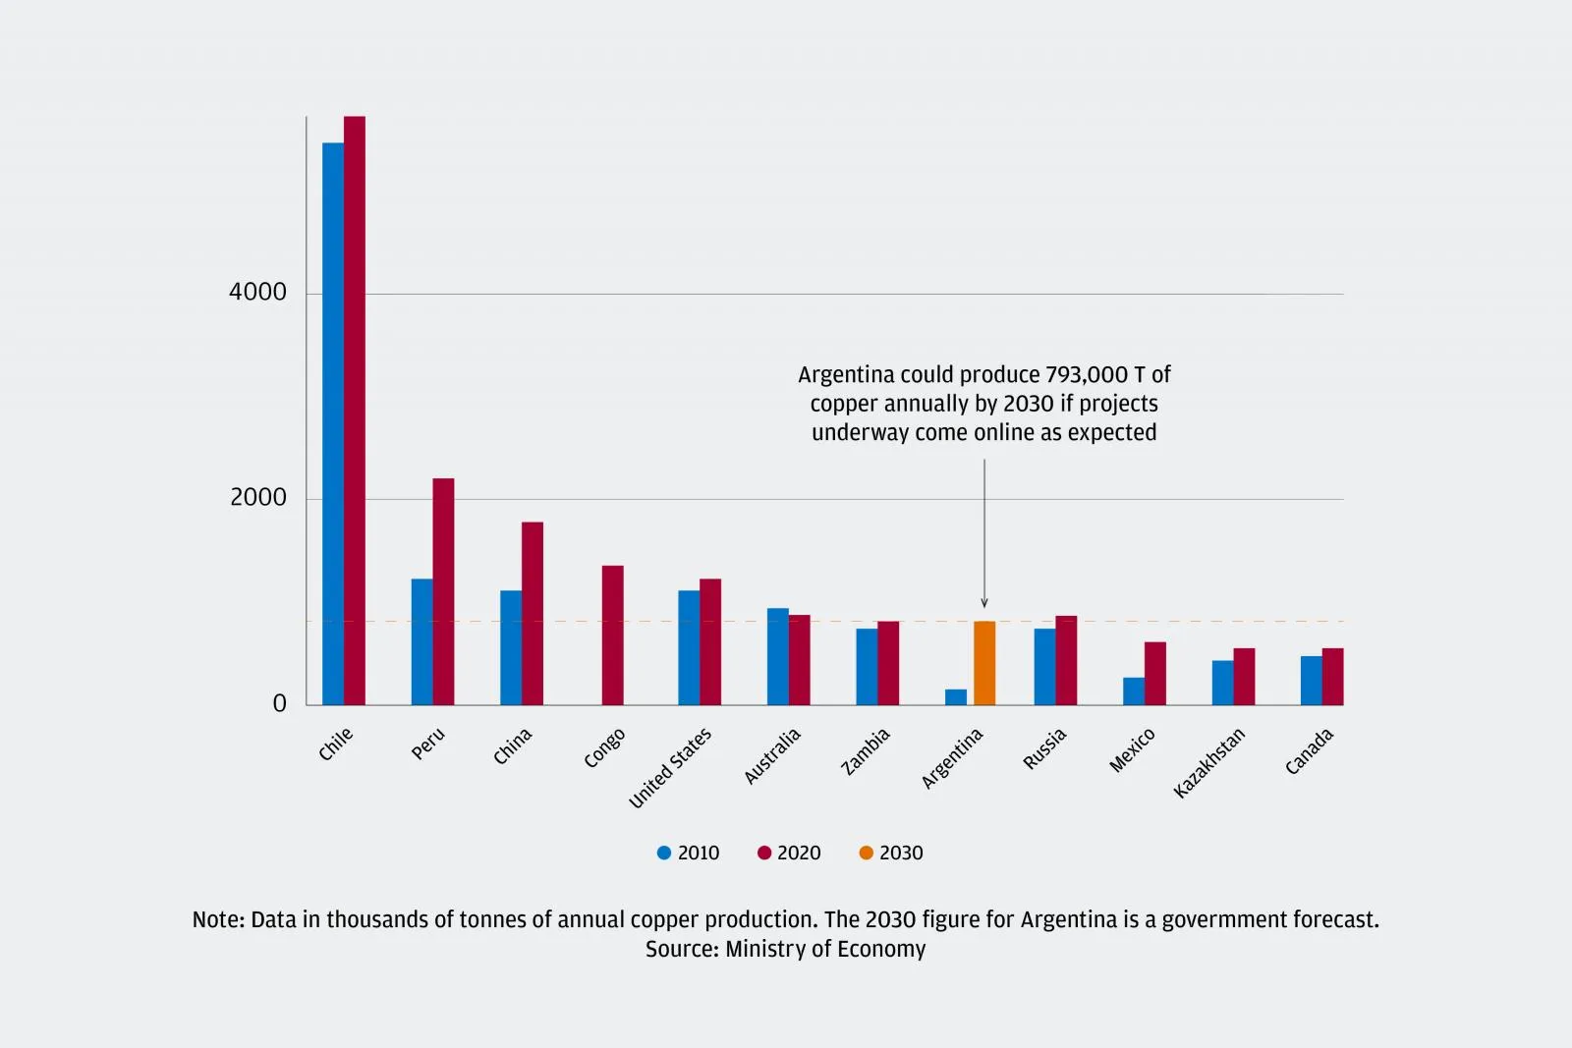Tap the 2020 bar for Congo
click(612, 635)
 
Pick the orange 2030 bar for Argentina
click(984, 663)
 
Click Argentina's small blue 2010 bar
click(956, 697)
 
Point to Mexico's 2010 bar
click(1134, 691)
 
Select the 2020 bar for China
click(533, 614)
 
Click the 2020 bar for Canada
click(1332, 677)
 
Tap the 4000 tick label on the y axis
click(257, 292)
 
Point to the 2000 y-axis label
click(258, 497)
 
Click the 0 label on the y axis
click(280, 703)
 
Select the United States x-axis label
click(670, 768)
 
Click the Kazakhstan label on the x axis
click(1209, 762)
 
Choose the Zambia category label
click(866, 751)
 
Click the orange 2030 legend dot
click(866, 853)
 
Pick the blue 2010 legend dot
click(664, 853)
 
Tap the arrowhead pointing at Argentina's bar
click(984, 603)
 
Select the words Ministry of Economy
click(825, 949)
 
